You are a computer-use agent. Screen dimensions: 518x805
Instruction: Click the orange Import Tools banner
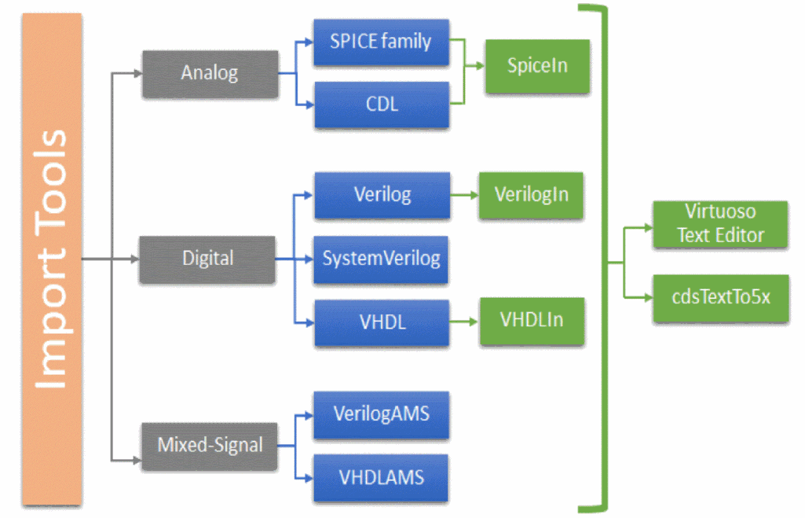[x=52, y=259]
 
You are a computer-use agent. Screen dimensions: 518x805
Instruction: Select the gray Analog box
[x=210, y=74]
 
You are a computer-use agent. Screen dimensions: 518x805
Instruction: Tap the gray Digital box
[x=208, y=259]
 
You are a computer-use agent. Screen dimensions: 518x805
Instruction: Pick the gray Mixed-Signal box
[x=210, y=446]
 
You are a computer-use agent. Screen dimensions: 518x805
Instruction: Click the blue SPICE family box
[x=382, y=42]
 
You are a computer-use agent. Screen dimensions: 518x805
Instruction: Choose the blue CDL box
[x=382, y=105]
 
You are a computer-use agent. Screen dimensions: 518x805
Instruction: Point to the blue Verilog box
[x=382, y=195]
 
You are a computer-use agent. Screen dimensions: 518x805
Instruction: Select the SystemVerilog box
[x=382, y=259]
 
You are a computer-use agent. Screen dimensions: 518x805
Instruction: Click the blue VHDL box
[x=382, y=322]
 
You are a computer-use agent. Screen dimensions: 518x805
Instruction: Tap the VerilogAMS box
[x=382, y=414]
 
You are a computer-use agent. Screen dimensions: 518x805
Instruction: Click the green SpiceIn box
[x=537, y=66]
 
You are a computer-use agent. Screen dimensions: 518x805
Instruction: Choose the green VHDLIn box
[x=532, y=321]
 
